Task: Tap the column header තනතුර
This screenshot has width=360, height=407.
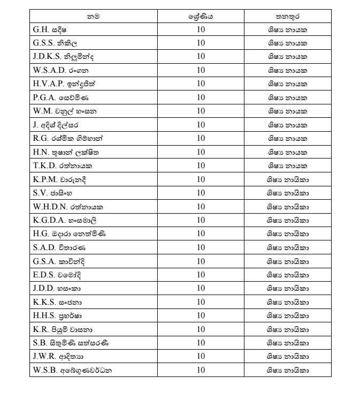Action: pos(288,17)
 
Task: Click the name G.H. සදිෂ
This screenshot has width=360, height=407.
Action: pos(51,29)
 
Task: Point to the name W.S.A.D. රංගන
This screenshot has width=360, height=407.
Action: pos(61,70)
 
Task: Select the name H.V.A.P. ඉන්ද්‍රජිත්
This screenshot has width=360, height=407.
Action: pos(64,84)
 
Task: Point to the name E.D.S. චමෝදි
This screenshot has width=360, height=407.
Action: pos(57,275)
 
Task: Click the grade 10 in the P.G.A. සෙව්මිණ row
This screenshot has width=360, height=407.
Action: pos(201,97)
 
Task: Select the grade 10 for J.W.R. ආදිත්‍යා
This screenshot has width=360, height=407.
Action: pos(201,357)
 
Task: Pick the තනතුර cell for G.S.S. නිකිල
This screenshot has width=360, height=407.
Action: pos(288,43)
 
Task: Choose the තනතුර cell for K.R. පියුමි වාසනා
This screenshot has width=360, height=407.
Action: pos(288,329)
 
